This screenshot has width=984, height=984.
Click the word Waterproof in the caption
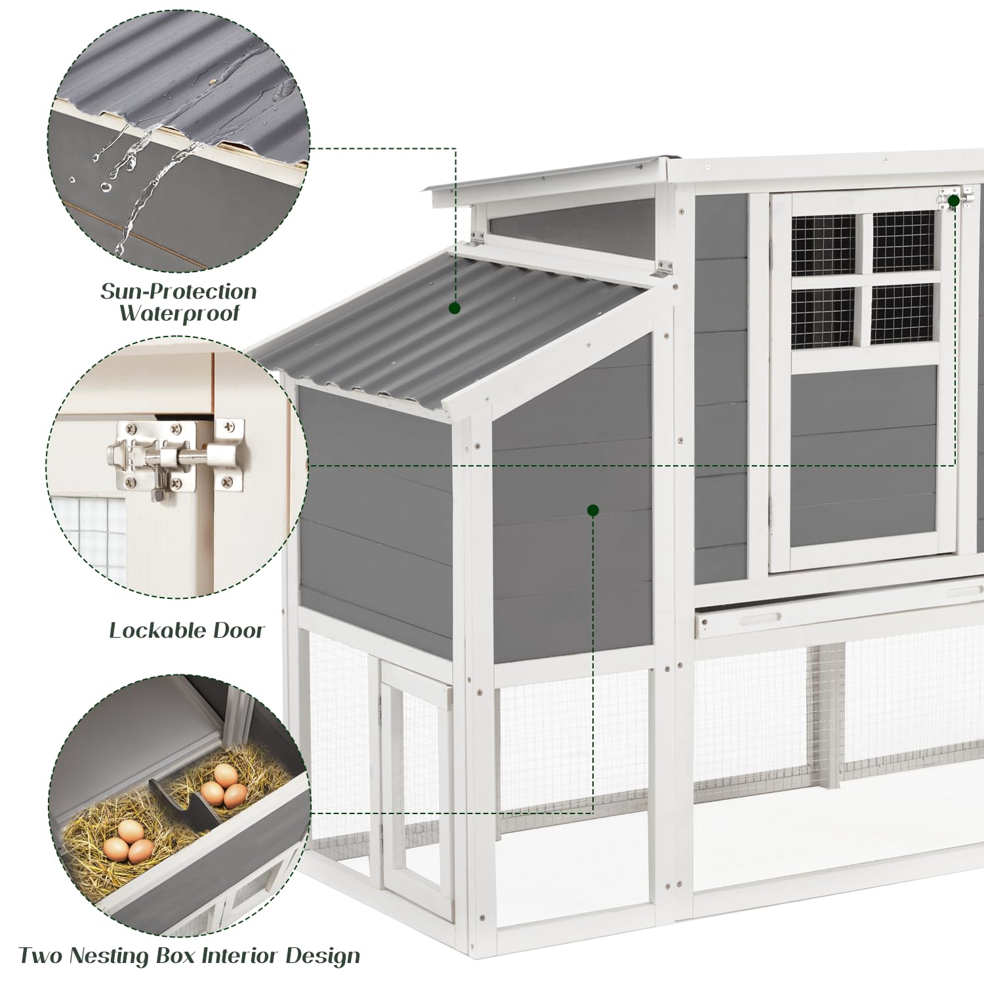click(179, 314)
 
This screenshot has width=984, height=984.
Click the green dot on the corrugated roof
click(455, 308)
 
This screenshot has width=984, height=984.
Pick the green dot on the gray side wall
click(593, 510)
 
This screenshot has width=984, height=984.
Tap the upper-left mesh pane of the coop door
click(823, 244)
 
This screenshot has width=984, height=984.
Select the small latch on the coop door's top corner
click(946, 197)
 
